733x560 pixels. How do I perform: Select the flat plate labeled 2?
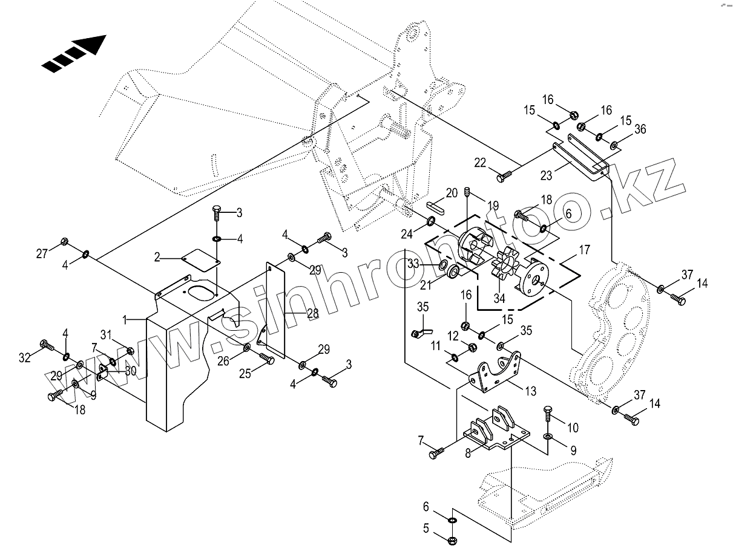(201, 256)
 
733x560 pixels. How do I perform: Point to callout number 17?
(584, 250)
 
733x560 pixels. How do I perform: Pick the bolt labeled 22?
(504, 177)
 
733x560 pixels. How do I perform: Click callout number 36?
(640, 129)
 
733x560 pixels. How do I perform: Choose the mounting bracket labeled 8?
(495, 433)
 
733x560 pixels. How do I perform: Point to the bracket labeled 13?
(496, 374)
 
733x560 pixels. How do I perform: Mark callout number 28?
(312, 313)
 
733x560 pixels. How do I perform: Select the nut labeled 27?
(65, 243)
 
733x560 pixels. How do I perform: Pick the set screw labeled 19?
(467, 193)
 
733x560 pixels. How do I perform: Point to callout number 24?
(407, 233)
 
